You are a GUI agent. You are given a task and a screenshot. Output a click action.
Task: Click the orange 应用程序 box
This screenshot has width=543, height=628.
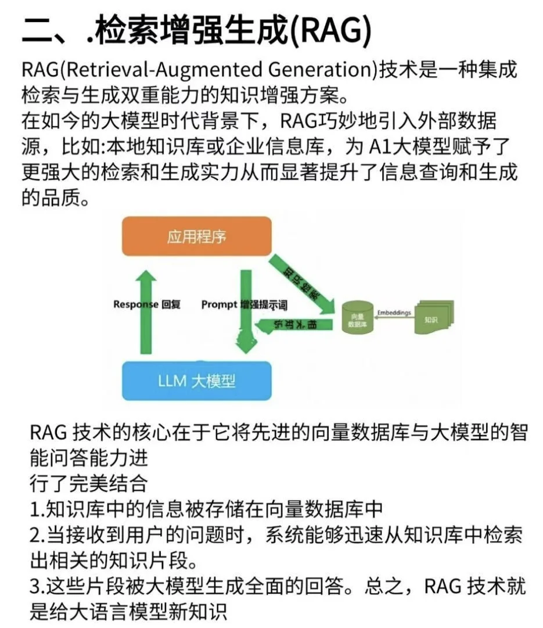click(x=196, y=236)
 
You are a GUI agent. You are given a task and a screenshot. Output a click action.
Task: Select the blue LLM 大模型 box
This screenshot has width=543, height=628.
click(x=196, y=381)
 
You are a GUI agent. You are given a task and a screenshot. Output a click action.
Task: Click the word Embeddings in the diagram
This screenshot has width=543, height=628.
click(x=393, y=313)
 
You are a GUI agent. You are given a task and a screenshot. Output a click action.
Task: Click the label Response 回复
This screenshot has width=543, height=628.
click(x=146, y=304)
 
